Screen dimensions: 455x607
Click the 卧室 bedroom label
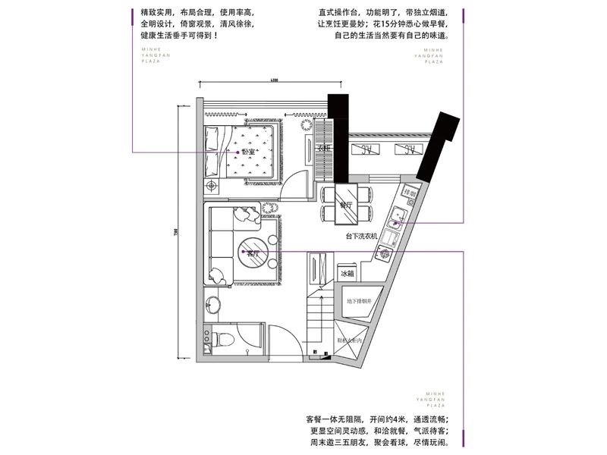coord(248,151)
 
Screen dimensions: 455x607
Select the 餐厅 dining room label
coord(346,205)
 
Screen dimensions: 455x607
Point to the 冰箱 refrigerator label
coord(347,273)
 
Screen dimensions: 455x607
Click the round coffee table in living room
coord(251,253)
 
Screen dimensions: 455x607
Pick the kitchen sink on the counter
coord(397,221)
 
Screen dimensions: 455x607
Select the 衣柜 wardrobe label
coord(322,148)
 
